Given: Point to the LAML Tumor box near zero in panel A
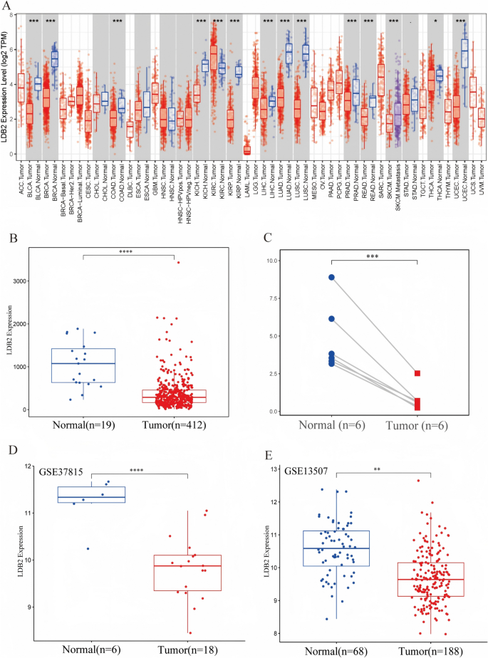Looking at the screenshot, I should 247,150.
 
